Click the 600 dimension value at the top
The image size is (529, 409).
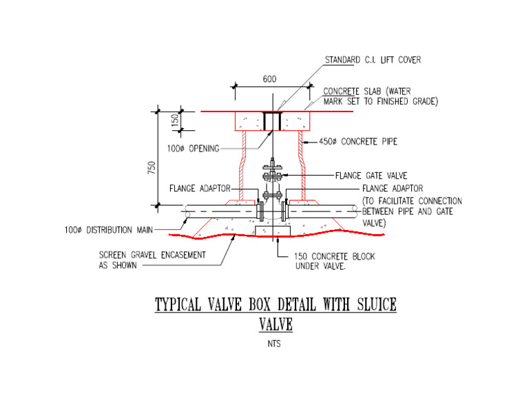(269, 79)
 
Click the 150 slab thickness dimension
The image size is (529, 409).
(175, 120)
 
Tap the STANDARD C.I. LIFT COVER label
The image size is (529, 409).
(373, 60)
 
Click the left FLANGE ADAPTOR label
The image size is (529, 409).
(200, 188)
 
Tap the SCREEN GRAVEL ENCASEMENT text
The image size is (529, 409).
(152, 255)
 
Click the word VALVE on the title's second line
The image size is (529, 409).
(275, 324)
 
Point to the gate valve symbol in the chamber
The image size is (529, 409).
(273, 179)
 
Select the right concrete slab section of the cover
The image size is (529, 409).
(297, 121)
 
